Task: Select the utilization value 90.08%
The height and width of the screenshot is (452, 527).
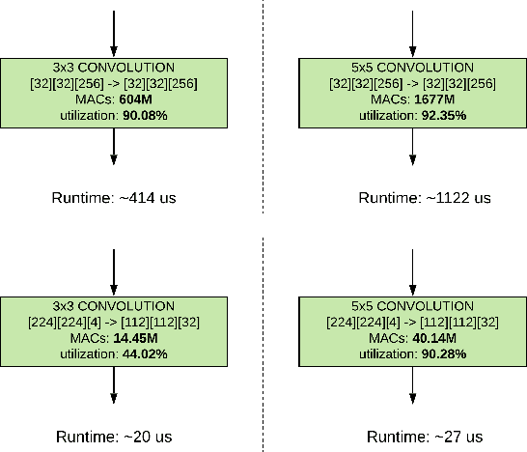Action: (142, 115)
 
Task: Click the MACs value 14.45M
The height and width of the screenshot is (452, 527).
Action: (135, 338)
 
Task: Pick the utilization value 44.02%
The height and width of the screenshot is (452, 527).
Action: (142, 353)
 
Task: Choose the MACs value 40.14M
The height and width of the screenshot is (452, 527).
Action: (434, 338)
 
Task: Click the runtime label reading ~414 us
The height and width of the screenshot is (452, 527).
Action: (114, 197)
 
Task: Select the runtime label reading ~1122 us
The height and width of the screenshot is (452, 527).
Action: (425, 197)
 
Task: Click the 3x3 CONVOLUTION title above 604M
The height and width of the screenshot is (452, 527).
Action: (114, 68)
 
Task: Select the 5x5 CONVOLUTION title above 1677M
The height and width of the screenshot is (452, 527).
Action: (413, 68)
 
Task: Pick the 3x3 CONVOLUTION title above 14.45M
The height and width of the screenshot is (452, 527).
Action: (114, 307)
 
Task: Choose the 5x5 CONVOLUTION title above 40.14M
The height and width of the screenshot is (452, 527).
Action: (413, 307)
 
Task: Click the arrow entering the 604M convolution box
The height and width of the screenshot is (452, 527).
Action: (114, 34)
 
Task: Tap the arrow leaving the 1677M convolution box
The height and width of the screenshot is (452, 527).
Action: (413, 145)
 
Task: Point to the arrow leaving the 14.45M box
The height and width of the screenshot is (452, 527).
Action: (114, 384)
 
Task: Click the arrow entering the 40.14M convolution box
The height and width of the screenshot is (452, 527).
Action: (413, 273)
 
